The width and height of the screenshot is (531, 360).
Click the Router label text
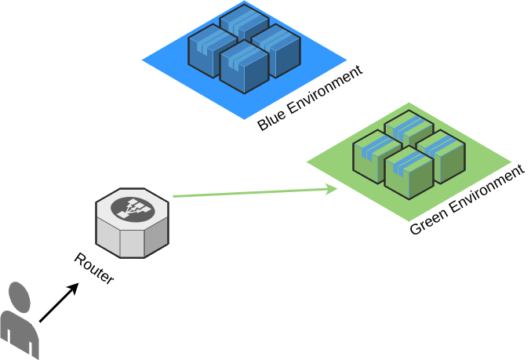[93, 268]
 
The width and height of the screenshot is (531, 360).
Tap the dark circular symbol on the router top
[132, 208]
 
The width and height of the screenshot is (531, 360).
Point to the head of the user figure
[20, 297]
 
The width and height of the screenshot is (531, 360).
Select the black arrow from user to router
[58, 303]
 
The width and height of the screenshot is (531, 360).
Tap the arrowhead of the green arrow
[332, 188]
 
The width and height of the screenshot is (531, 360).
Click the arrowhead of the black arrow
[74, 287]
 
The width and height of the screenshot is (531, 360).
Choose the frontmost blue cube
[244, 69]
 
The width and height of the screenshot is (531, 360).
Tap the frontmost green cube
[409, 174]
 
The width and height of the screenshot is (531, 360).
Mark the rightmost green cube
[441, 157]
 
